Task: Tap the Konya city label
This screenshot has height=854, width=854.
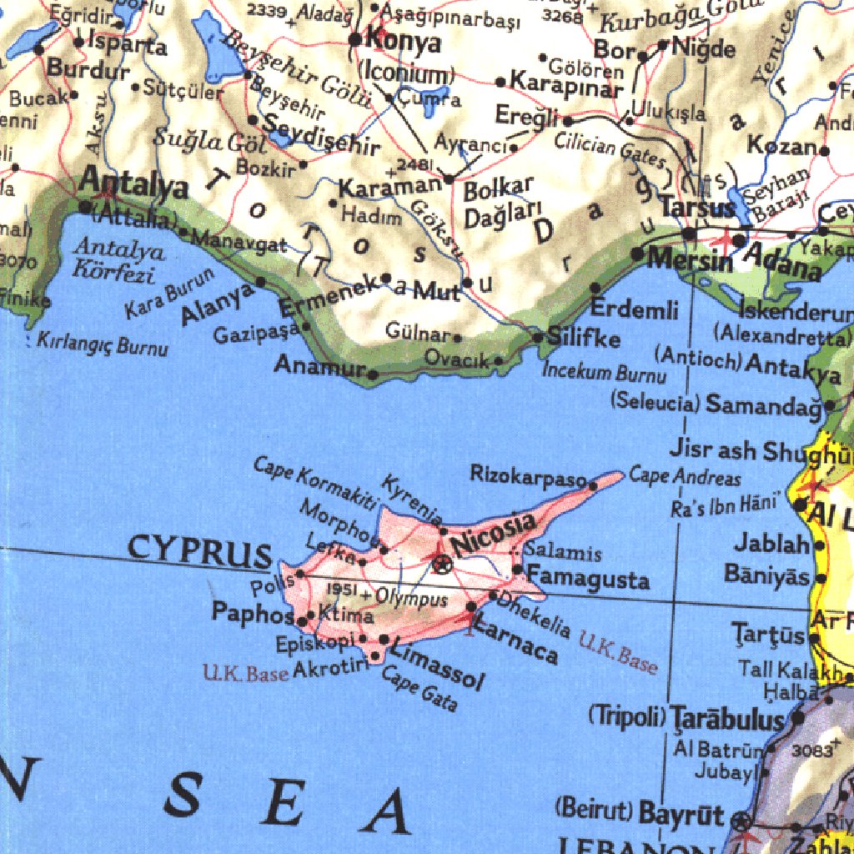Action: (404, 41)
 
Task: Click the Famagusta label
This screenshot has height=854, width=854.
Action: (589, 578)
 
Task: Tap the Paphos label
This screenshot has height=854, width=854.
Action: (252, 613)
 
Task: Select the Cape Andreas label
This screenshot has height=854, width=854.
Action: (685, 477)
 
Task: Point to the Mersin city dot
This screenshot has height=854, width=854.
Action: (637, 253)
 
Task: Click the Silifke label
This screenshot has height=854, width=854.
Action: (584, 339)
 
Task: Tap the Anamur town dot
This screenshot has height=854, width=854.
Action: (373, 374)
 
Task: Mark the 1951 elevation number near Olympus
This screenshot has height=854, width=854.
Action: (342, 590)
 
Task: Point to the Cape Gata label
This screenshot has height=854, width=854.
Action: (419, 688)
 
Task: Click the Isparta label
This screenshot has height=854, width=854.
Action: (127, 43)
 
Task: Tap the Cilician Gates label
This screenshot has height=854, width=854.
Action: (611, 149)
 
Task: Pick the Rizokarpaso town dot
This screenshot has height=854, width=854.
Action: (593, 485)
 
